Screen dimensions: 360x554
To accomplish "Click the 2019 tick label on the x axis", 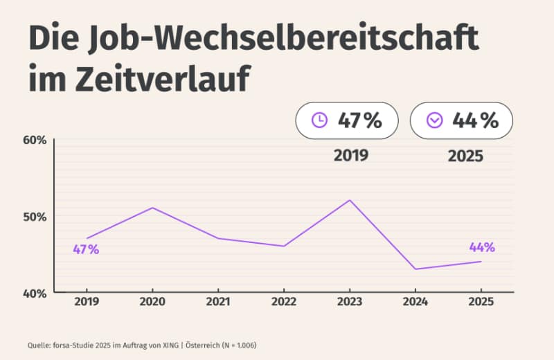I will (87, 303).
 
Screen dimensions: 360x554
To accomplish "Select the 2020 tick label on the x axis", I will (152, 303).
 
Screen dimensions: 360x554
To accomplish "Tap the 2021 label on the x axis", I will (218, 303).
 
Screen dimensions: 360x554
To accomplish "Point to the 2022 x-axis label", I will (284, 303).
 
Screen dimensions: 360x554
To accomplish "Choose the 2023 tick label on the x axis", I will (350, 303).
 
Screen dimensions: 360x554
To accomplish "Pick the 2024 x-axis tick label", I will (415, 303).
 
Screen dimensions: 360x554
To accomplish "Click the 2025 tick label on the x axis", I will (481, 303).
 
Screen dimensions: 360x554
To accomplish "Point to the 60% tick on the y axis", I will (35, 140).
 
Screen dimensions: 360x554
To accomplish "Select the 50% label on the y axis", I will (35, 217).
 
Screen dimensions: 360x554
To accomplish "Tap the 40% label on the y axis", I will (35, 293).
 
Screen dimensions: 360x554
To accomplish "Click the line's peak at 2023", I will (350, 200).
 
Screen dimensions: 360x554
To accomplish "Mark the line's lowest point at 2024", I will (415, 269).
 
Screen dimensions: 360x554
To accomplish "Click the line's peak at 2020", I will (152, 208).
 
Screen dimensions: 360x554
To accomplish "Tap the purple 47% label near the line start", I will (87, 250).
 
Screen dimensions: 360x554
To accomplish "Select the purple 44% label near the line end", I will (482, 247).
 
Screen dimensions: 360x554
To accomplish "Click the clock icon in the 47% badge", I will (319, 120).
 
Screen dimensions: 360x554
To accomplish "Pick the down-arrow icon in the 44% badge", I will (434, 120).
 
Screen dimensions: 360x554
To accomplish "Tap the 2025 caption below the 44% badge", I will (465, 156).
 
